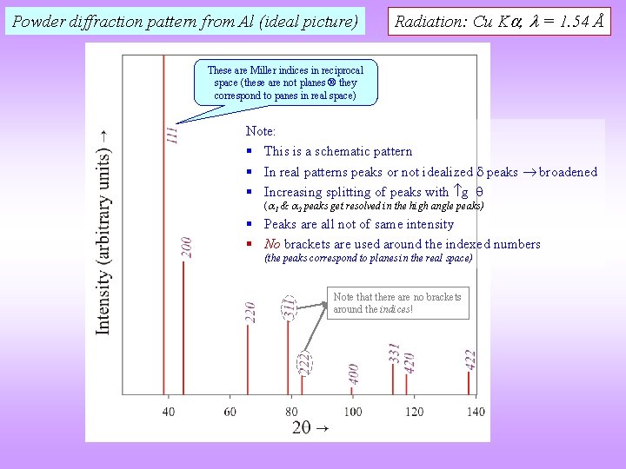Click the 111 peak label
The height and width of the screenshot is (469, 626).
[173, 133]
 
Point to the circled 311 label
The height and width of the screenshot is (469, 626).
[288, 307]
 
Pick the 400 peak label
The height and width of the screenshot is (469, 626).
[354, 373]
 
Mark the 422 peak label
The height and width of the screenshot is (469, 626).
[470, 359]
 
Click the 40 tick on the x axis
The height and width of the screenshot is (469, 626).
[168, 411]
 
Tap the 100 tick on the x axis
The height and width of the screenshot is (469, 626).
[352, 411]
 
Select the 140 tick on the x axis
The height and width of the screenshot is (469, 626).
[475, 411]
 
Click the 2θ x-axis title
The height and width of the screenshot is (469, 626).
[310, 427]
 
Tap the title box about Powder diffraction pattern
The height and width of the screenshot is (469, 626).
[185, 21]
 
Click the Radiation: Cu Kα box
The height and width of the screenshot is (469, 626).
[499, 21]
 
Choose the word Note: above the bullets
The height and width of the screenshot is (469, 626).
[261, 131]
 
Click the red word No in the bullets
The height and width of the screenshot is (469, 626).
[271, 244]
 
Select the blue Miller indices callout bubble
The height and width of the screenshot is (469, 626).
[285, 83]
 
